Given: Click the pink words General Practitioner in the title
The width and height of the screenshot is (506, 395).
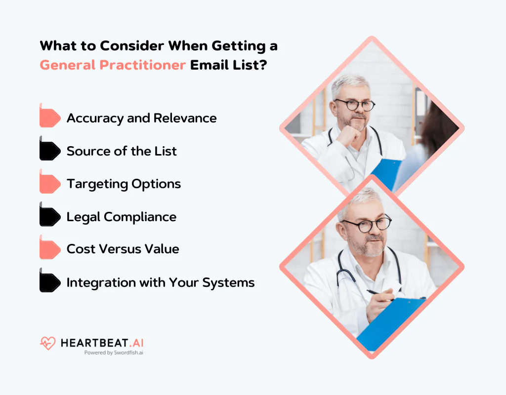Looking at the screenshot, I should coord(113,65).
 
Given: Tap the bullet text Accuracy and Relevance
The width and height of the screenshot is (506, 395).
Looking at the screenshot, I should coord(141,118).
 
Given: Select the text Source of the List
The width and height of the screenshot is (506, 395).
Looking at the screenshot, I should coord(122,151).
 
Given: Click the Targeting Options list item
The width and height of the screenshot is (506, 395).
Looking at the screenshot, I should coord(124,184).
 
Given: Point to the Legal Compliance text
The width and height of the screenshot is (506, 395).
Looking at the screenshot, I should coord(121,217).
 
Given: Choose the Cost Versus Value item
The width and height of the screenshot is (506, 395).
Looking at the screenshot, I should coord(123,249).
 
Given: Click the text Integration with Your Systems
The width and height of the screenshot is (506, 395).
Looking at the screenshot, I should coord(161,282).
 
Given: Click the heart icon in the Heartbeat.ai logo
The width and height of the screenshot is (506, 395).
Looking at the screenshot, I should coord(48,343).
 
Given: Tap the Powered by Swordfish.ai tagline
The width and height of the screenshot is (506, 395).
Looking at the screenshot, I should coord(114,353).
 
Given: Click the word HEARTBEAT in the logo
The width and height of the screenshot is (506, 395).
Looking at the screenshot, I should coord(91,343).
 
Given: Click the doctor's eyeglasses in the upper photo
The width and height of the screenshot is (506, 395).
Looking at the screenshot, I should coord(353,105).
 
